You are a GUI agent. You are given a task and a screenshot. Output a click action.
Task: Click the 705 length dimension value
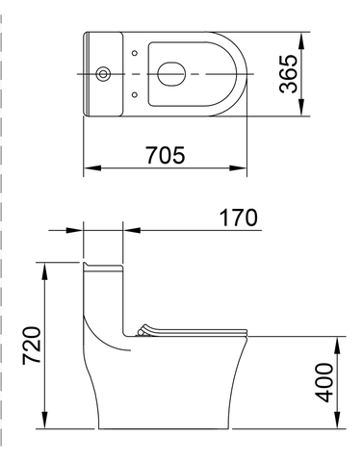[166, 155]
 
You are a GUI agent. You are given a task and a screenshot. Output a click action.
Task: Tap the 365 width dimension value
[288, 74]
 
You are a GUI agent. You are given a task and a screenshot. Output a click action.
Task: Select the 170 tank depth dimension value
[238, 218]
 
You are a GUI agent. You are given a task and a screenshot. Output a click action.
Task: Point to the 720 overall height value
[32, 346]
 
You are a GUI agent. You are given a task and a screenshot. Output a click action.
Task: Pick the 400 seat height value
[324, 382]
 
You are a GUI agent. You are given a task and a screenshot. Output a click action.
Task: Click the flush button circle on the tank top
[103, 74]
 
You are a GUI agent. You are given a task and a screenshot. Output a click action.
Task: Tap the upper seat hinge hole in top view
[135, 53]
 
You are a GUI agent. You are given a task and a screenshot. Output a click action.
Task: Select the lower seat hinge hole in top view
[135, 94]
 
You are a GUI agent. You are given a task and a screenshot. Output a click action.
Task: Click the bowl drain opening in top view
[171, 74]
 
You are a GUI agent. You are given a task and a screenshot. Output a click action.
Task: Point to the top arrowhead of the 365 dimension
[301, 40]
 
